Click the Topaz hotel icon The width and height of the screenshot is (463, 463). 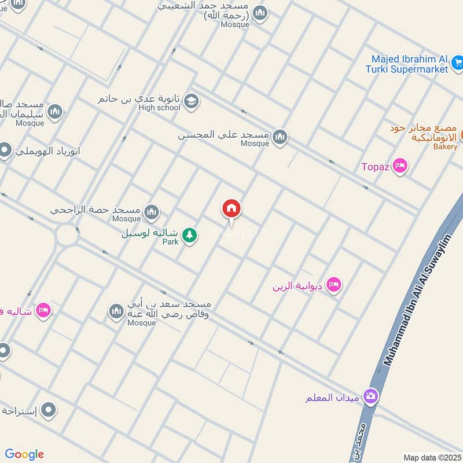[399, 167]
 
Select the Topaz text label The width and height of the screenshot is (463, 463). [376, 167]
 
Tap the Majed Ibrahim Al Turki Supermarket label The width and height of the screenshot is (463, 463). [409, 64]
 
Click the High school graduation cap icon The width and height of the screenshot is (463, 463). [190, 102]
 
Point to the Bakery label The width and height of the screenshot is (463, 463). [445, 147]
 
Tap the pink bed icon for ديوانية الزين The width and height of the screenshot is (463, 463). [334, 284]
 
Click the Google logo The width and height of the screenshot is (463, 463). [24, 454]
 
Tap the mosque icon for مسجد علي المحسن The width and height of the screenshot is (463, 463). [280, 137]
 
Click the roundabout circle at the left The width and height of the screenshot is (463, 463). [67, 235]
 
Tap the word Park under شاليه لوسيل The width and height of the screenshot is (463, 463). [170, 242]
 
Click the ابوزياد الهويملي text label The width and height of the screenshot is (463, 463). [47, 152]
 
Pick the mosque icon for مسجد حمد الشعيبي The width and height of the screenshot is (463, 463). [260, 13]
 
